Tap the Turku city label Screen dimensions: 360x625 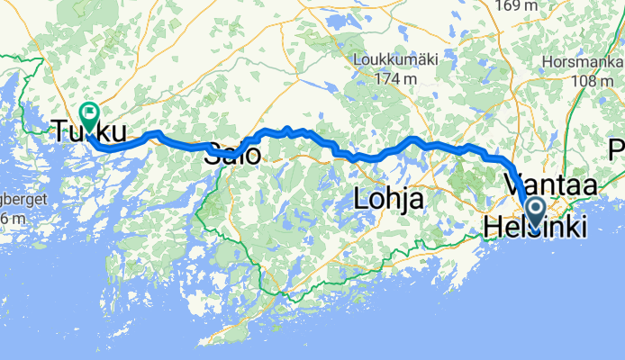(x=87, y=131)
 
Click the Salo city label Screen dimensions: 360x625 (x=233, y=155)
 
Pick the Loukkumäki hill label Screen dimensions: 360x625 (x=395, y=59)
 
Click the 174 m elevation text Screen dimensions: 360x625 (x=395, y=78)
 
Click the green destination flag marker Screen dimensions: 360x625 (x=89, y=114)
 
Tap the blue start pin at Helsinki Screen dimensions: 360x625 (x=535, y=213)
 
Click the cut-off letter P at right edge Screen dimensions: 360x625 (x=618, y=148)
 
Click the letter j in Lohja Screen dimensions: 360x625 (x=403, y=199)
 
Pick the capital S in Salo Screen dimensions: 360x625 (x=213, y=155)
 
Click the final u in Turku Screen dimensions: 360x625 (x=116, y=131)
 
